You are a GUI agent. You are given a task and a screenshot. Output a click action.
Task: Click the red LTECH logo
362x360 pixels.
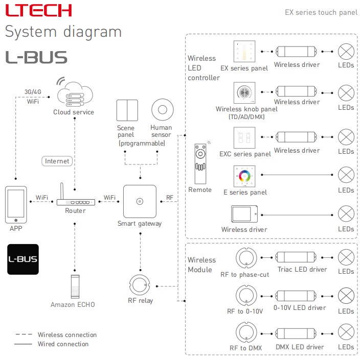coord(38,10)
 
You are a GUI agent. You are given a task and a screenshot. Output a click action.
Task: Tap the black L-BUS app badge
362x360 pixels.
coord(23,259)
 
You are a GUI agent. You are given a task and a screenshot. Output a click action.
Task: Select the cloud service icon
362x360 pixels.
coord(75,93)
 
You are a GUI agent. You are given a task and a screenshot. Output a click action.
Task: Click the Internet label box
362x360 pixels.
coord(57,161)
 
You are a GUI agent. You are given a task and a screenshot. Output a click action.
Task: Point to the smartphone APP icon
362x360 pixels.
coord(16,205)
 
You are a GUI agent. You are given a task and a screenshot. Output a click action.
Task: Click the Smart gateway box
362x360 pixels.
coord(140,201)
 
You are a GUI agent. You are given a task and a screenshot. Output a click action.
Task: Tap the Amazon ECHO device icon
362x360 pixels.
coord(75,286)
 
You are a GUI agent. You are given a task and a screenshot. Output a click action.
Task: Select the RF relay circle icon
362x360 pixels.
coord(140,285)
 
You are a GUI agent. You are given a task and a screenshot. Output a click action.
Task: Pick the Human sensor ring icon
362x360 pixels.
coord(163,110)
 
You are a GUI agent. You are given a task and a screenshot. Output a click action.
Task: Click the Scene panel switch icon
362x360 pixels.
coord(127,110)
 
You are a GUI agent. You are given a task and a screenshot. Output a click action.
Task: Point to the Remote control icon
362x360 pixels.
coord(200,163)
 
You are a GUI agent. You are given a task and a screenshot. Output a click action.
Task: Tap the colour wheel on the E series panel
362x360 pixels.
coord(244,176)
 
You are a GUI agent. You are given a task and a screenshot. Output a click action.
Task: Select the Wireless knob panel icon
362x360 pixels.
coord(244,92)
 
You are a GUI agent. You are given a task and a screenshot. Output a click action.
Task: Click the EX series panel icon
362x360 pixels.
coord(244,51)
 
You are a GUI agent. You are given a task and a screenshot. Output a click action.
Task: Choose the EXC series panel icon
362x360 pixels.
coord(244,137)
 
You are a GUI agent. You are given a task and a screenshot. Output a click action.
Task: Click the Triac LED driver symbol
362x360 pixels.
coord(296,257)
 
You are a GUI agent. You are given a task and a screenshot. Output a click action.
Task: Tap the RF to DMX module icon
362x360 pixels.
coord(246,332)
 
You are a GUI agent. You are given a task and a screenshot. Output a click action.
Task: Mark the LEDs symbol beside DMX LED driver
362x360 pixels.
coord(346,332)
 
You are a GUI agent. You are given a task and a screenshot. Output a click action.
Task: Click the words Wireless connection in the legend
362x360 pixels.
coord(67,334)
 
